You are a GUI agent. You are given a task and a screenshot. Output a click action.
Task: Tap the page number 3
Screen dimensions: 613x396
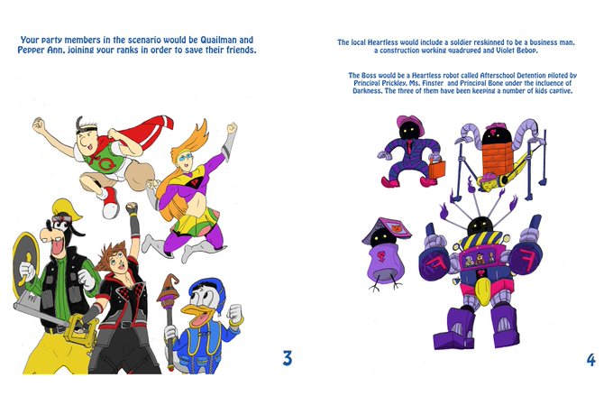[288, 358]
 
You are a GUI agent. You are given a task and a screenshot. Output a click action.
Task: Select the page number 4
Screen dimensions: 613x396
[591, 360]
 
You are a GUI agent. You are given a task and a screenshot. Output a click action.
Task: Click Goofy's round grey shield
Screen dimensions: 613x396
[25, 262]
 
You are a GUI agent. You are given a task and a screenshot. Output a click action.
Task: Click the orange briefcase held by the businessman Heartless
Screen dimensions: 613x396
[437, 169]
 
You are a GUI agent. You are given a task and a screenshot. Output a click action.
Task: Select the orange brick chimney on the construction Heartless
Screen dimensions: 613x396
[497, 159]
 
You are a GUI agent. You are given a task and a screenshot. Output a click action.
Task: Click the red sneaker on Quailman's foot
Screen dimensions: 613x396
[111, 201]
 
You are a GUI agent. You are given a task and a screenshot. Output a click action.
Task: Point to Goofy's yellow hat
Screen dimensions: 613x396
[68, 208]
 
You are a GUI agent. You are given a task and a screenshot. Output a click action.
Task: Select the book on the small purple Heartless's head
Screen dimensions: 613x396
[388, 229]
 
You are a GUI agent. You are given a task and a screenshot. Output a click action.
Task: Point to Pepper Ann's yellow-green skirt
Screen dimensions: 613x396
[195, 222]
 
